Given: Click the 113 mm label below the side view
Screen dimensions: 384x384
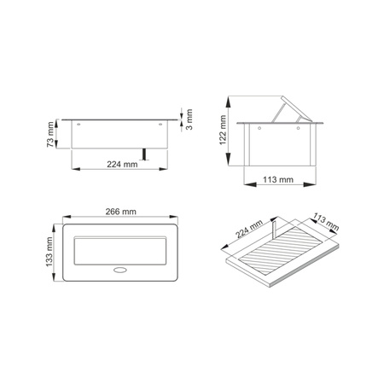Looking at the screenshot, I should (278, 181).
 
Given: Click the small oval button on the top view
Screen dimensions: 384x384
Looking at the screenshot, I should (119, 273).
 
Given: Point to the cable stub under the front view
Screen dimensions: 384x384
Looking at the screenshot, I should (147, 154).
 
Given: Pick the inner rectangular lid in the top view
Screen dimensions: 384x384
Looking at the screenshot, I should (119, 248).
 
